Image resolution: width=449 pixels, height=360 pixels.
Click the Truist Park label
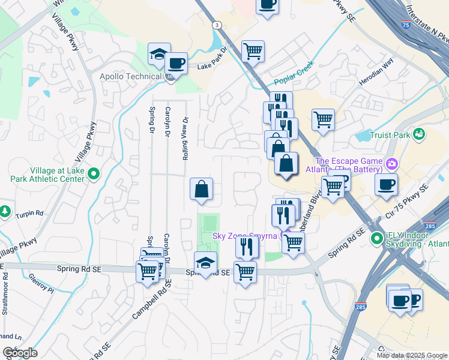390,136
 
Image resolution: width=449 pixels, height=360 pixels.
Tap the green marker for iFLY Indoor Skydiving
377,239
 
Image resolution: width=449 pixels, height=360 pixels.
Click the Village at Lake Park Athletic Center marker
94,174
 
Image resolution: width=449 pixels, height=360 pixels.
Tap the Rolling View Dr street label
185,138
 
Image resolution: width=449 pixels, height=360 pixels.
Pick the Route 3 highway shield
215,24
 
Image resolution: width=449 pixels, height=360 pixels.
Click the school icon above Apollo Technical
159,54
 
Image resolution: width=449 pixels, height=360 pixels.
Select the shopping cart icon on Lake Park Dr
253,50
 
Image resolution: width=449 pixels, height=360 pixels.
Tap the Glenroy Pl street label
41,282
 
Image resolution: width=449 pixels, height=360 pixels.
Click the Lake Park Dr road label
214,59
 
